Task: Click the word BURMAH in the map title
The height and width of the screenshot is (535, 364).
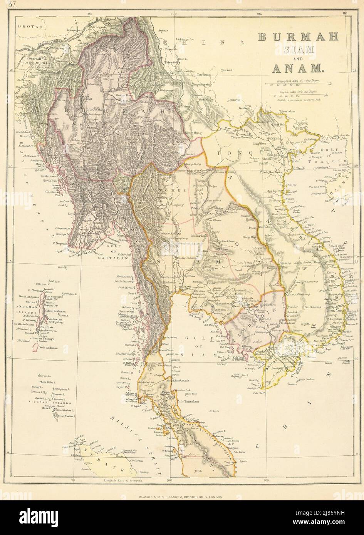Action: (x=297, y=37)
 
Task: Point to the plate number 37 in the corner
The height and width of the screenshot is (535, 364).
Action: (x=6, y=5)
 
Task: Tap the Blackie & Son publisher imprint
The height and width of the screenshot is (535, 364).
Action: (x=181, y=497)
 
